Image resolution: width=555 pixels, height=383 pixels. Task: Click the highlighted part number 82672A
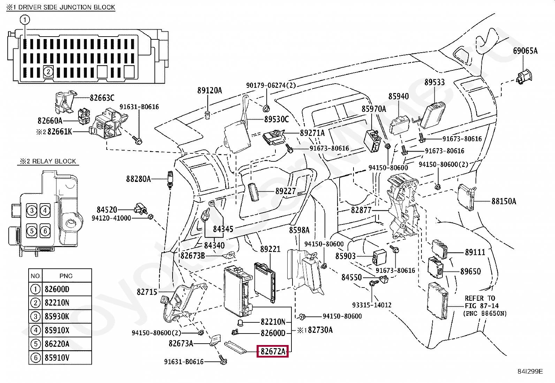point(273,352)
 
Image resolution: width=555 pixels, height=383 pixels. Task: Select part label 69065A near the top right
point(525,51)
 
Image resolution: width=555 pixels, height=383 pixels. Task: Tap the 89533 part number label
point(434,82)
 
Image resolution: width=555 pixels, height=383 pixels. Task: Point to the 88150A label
point(504,201)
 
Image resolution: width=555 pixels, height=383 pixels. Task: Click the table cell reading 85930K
point(57,316)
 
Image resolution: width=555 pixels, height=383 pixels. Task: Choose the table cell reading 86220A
point(57,344)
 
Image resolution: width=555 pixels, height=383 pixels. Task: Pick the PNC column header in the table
point(66,276)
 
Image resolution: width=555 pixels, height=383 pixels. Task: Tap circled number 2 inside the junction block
point(48,72)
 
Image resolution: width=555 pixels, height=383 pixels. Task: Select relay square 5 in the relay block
point(32,231)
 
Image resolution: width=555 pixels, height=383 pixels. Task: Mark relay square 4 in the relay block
point(45,210)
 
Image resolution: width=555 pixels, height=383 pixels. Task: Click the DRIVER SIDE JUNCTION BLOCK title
point(61,7)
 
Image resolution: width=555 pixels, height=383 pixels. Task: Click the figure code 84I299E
point(530,371)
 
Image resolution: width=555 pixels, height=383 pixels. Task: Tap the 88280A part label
point(138,179)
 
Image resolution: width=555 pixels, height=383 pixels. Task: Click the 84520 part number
point(107,210)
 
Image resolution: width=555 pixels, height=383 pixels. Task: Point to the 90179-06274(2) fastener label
point(271,85)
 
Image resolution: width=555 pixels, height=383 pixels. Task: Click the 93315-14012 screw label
point(372,305)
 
